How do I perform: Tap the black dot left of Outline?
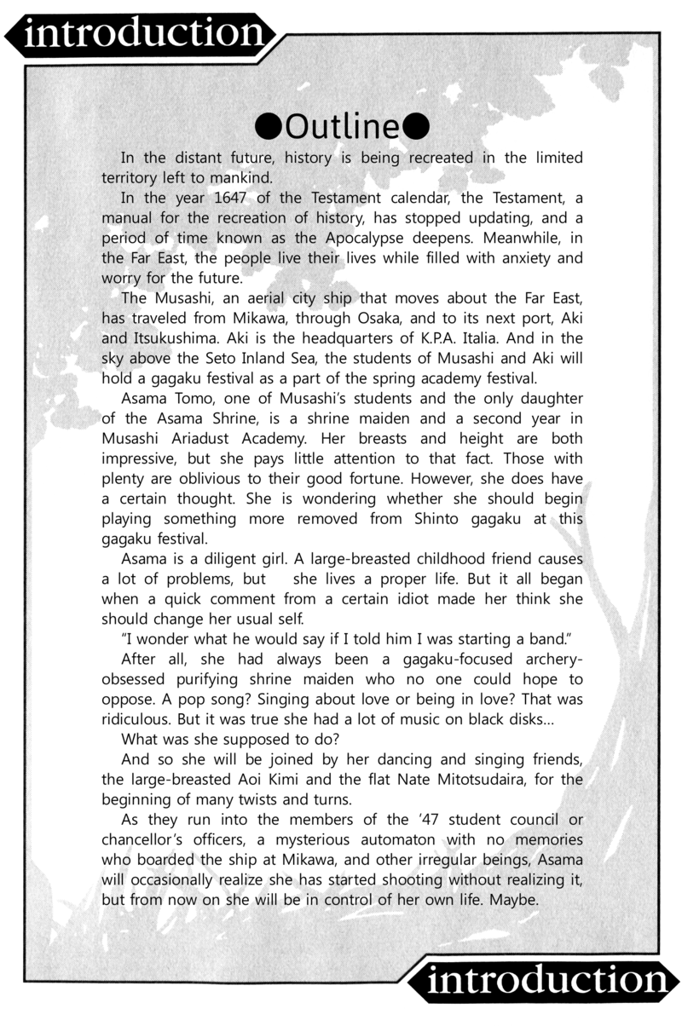[269, 127]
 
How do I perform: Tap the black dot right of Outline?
[415, 127]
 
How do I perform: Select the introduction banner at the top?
[141, 34]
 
